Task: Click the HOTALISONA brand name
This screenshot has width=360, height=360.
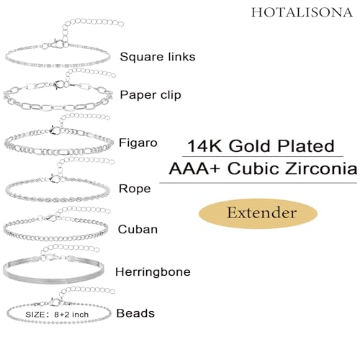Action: (x=302, y=12)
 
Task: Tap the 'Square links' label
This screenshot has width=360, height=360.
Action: (x=158, y=57)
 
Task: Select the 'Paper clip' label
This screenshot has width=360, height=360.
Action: (x=150, y=95)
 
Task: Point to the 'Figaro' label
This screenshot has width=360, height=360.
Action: (x=138, y=143)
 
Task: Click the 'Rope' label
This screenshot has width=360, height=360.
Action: (x=135, y=189)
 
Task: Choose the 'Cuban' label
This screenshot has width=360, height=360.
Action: (x=138, y=229)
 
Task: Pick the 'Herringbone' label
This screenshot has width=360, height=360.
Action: (x=153, y=272)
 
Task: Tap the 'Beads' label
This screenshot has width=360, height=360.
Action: (x=135, y=313)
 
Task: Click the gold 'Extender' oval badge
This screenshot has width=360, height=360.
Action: (x=258, y=213)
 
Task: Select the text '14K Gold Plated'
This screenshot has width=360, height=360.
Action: (x=261, y=145)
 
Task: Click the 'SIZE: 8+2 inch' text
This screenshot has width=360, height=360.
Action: (x=57, y=315)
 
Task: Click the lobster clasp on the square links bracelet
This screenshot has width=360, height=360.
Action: (x=58, y=45)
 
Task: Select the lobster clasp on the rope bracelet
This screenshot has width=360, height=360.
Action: (x=55, y=179)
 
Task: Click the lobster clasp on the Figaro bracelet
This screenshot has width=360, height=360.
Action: (x=55, y=130)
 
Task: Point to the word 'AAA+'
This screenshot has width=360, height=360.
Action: (x=194, y=168)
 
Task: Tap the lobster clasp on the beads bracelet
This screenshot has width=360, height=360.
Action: (x=55, y=302)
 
